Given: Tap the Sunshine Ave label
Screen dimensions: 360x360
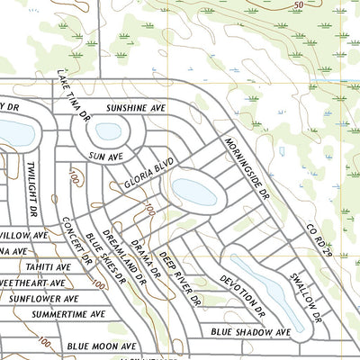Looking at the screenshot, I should tap(138, 108).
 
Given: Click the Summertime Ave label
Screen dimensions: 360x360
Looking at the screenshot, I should tap(68, 314).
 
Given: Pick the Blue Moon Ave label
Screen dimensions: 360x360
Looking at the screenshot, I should tap(102, 346).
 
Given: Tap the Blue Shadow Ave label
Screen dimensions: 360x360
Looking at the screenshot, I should tap(251, 332).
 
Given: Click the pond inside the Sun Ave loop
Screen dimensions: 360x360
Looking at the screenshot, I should tap(108, 131).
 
